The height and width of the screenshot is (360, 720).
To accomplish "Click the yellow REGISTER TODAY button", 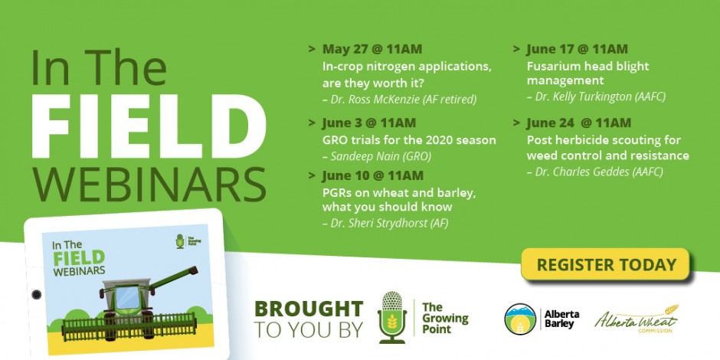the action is tap(605, 264).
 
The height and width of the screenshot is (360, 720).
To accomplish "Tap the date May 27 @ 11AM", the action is tap(372, 49).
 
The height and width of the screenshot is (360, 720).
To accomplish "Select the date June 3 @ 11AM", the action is tap(369, 123).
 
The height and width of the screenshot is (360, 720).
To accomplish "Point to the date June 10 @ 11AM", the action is tap(372, 176).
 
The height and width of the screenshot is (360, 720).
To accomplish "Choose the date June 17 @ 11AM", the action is tap(578, 49).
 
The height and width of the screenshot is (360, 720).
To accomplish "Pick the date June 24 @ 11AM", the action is tap(578, 123).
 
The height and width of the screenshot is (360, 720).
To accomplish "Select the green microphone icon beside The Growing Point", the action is tap(391, 317).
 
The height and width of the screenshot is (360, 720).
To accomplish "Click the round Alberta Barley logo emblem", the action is tap(520, 319).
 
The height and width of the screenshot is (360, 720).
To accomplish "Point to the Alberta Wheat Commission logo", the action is tap(637, 319).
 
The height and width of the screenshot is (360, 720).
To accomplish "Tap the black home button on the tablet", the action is tap(36, 294).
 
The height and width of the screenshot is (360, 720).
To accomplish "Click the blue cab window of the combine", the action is tap(127, 297).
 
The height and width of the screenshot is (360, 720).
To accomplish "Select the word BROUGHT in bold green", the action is tap(309, 309).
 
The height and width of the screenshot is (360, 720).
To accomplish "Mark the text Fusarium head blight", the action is tap(587, 66).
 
